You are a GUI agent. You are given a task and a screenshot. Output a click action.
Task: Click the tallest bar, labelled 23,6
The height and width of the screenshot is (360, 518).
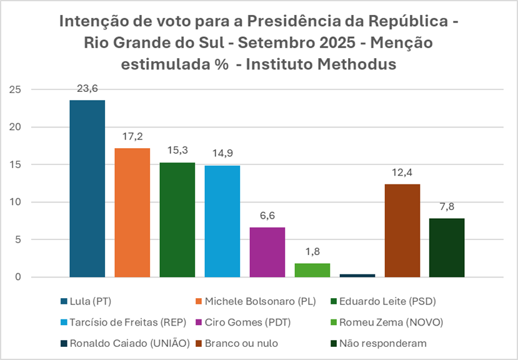(x=87, y=188)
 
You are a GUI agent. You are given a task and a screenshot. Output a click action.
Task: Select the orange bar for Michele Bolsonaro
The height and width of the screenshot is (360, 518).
(x=132, y=212)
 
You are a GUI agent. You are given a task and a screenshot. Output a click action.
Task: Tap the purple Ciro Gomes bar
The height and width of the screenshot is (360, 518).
(x=267, y=252)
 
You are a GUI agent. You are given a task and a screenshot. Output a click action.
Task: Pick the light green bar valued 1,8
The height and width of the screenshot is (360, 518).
(x=312, y=270)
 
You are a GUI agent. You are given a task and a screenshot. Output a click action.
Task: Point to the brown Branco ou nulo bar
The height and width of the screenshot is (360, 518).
(x=402, y=230)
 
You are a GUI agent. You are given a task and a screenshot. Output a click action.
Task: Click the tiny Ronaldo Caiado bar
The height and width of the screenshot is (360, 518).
(x=357, y=275)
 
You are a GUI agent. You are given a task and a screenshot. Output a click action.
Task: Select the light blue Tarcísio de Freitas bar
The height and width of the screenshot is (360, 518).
(x=222, y=221)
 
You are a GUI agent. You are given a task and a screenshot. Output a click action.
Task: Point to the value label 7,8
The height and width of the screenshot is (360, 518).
(x=447, y=207)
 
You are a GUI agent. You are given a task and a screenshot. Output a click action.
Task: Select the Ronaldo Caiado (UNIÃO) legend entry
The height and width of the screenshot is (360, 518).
(x=102, y=344)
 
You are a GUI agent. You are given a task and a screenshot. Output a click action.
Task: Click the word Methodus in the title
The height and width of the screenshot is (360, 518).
(x=360, y=64)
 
